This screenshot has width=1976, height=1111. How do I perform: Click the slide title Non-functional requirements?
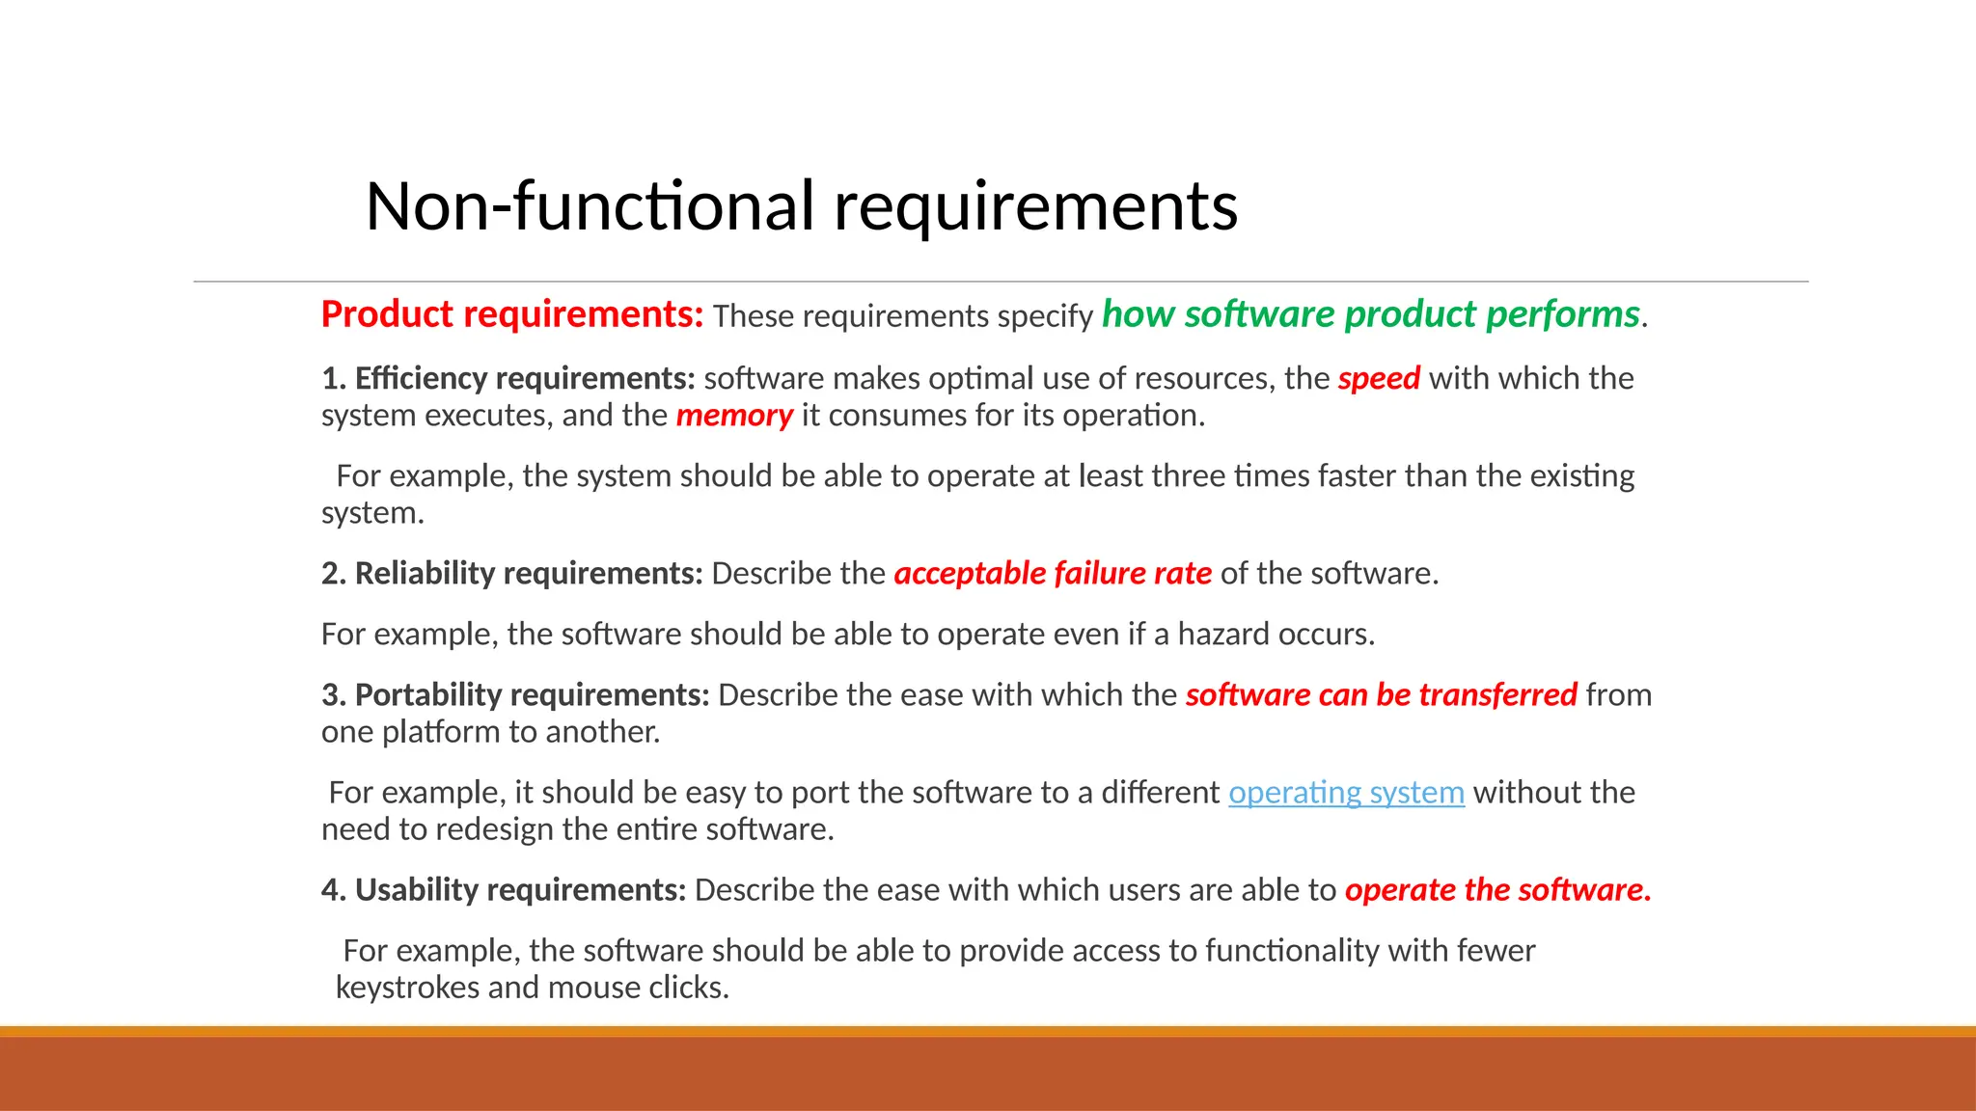pyautogui.click(x=801, y=206)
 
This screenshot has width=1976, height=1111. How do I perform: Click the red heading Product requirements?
pyautogui.click(x=512, y=314)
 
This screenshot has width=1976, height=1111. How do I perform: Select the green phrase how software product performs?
pyautogui.click(x=1370, y=314)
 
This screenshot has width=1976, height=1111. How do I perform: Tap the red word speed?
pyautogui.click(x=1379, y=378)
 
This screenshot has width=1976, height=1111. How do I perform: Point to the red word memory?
pyautogui.click(x=734, y=416)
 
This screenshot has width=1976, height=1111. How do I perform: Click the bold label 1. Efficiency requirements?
pyautogui.click(x=508, y=378)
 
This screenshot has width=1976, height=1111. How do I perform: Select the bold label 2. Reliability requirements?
pyautogui.click(x=512, y=574)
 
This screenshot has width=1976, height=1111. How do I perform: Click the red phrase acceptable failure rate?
pyautogui.click(x=1053, y=574)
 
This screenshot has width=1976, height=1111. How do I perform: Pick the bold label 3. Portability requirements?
pyautogui.click(x=515, y=695)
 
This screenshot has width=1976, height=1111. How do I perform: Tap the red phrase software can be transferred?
pyautogui.click(x=1381, y=695)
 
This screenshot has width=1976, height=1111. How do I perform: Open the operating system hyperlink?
pyautogui.click(x=1346, y=793)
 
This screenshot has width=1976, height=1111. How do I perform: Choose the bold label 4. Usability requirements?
pyautogui.click(x=504, y=890)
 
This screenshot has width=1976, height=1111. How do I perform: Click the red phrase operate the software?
pyautogui.click(x=1497, y=890)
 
